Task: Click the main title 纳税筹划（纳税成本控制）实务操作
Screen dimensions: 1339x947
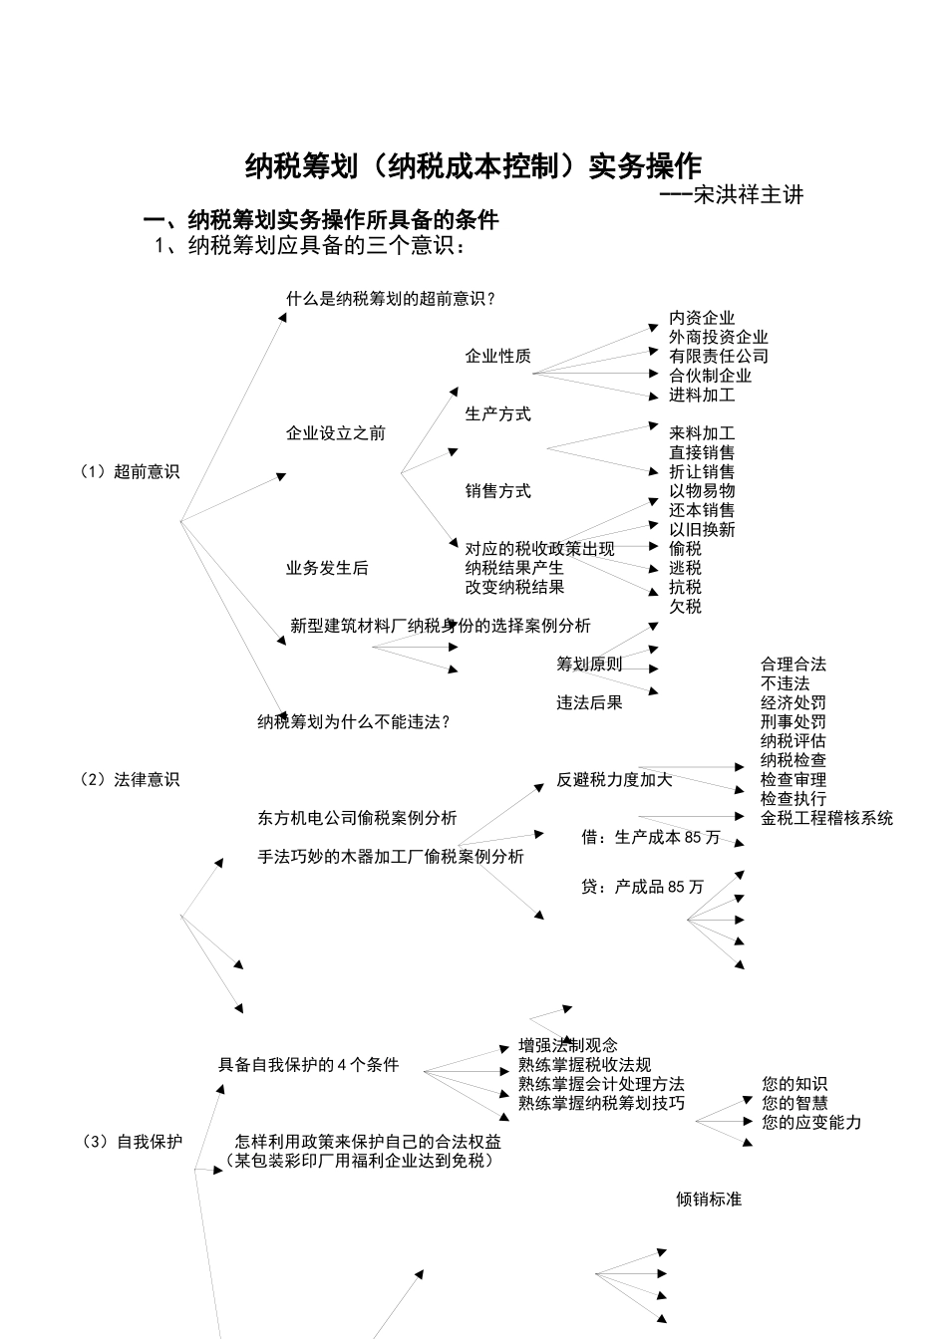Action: (473, 166)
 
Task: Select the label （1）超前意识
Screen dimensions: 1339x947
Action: (130, 472)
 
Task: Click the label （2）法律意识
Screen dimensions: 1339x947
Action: (130, 780)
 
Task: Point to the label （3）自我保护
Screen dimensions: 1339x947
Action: (133, 1142)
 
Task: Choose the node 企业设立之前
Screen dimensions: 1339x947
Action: (335, 433)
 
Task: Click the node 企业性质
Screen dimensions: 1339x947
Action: (497, 357)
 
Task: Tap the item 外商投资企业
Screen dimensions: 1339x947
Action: (718, 338)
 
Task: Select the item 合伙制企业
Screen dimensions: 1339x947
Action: (710, 376)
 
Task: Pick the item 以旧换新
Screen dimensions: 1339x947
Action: (702, 530)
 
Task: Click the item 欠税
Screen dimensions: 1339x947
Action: (685, 607)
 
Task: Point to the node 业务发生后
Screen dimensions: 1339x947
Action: (327, 568)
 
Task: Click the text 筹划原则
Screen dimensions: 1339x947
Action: (588, 665)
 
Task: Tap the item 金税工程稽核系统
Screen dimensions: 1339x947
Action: (826, 818)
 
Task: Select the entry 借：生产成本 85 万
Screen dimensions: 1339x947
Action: (650, 838)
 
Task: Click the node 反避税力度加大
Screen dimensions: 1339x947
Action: (614, 780)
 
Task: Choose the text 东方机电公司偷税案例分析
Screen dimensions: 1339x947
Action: (357, 818)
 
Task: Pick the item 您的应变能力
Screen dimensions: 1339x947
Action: (811, 1123)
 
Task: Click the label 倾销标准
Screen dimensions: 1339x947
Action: (709, 1200)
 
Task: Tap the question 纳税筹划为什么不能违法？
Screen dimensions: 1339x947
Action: (354, 722)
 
